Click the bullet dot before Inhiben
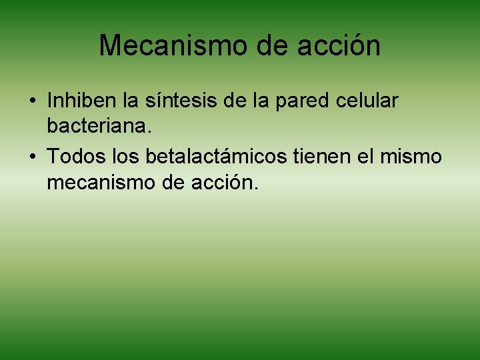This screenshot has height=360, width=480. (31, 101)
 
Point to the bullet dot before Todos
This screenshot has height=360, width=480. (31, 157)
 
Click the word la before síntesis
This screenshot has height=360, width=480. (131, 101)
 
